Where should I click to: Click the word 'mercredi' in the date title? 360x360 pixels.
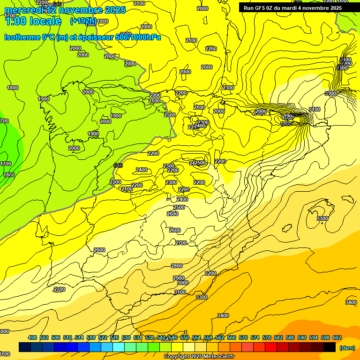point(24,10)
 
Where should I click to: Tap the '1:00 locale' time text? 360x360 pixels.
point(32,21)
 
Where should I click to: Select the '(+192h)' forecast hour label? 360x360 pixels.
point(83,21)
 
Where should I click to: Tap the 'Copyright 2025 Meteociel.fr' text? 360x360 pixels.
point(199,357)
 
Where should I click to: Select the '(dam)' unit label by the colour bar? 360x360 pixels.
point(346,347)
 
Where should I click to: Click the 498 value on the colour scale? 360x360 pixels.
point(32,337)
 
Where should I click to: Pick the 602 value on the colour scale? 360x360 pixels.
point(337,337)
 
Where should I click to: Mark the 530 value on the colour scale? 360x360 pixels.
point(126,337)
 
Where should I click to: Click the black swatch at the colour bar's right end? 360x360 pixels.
point(330,347)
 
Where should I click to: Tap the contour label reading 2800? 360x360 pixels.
point(176,266)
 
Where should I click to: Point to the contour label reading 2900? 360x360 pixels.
point(179,278)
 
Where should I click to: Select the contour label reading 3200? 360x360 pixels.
point(210,273)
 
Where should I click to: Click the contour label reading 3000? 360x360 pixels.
point(182,283)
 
